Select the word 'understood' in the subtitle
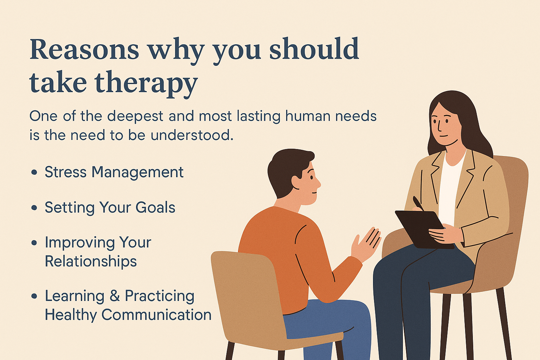click(192, 135)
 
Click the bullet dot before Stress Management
click(34, 172)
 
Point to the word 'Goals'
click(155, 208)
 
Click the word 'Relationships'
click(91, 261)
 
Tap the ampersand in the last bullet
click(115, 296)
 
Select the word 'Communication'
click(156, 315)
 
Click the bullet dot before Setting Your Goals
click(34, 208)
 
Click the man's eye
click(311, 178)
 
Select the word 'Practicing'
click(160, 296)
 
